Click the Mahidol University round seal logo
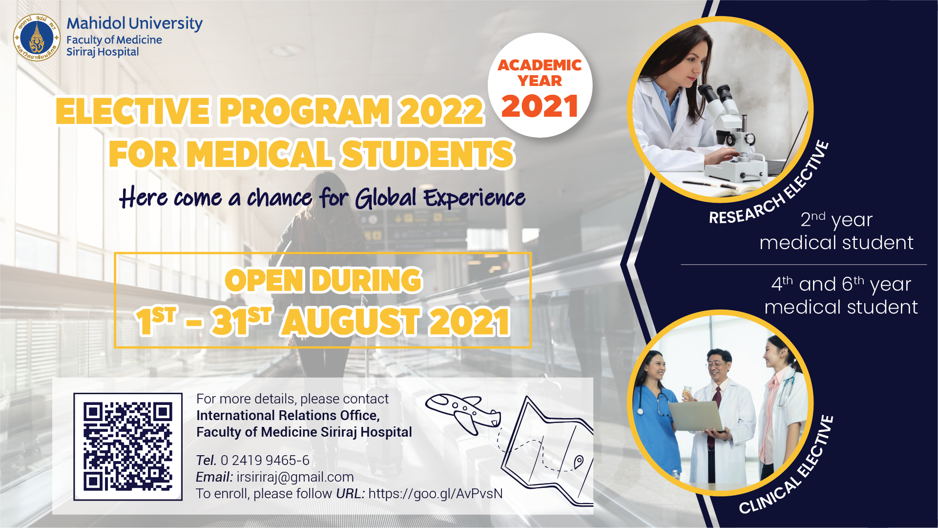click(x=37, y=38)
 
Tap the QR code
click(x=128, y=446)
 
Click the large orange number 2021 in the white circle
click(x=540, y=106)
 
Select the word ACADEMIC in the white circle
click(x=540, y=65)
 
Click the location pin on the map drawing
click(x=579, y=461)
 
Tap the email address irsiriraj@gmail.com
click(x=295, y=477)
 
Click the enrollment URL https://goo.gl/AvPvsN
click(x=436, y=494)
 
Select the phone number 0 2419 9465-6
click(x=265, y=460)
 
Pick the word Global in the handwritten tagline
click(x=386, y=198)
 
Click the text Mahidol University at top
click(x=134, y=23)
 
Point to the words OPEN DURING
click(x=323, y=280)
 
